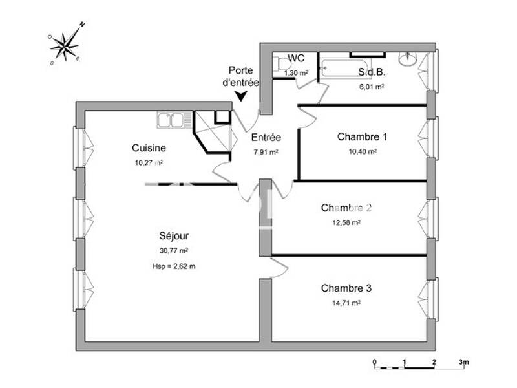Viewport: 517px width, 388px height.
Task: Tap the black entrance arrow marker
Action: pyautogui.click(x=240, y=96)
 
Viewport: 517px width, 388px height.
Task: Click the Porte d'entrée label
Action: pyautogui.click(x=241, y=77)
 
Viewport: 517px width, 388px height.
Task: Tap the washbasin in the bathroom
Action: pyautogui.click(x=408, y=59)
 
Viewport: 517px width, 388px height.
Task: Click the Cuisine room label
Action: pyautogui.click(x=149, y=147)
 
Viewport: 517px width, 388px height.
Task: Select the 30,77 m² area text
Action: pyautogui.click(x=174, y=250)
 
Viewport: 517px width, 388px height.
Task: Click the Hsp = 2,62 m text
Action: pyautogui.click(x=174, y=266)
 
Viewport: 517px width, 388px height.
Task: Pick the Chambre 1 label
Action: pyautogui.click(x=362, y=136)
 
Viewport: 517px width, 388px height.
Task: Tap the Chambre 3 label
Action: pyautogui.click(x=346, y=288)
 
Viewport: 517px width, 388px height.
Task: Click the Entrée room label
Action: pyautogui.click(x=266, y=137)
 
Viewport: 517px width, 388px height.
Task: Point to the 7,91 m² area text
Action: pyautogui.click(x=266, y=152)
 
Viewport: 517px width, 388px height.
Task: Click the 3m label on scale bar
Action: pyautogui.click(x=463, y=361)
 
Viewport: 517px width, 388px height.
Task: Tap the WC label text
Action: pyautogui.click(x=296, y=58)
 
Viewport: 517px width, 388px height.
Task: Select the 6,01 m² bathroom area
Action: pyautogui.click(x=372, y=86)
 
